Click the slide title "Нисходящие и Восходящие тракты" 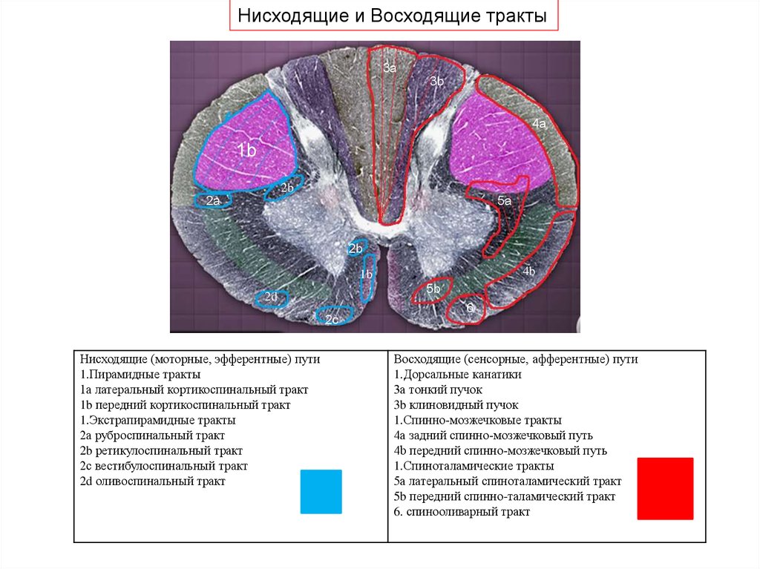tap(391, 16)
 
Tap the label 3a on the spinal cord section tap(390, 68)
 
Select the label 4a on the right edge tap(539, 125)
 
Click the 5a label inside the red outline tap(504, 200)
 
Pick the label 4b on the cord tap(528, 272)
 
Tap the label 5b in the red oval tap(434, 288)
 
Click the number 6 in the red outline tap(470, 307)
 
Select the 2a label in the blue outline tap(213, 200)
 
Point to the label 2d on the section tap(271, 297)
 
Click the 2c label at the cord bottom tap(332, 319)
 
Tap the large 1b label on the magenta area tap(246, 151)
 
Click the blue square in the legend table tap(321, 491)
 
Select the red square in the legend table tap(665, 488)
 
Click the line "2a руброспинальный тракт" tap(152, 435)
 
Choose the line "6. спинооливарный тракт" tap(462, 512)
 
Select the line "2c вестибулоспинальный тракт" tap(164, 466)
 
